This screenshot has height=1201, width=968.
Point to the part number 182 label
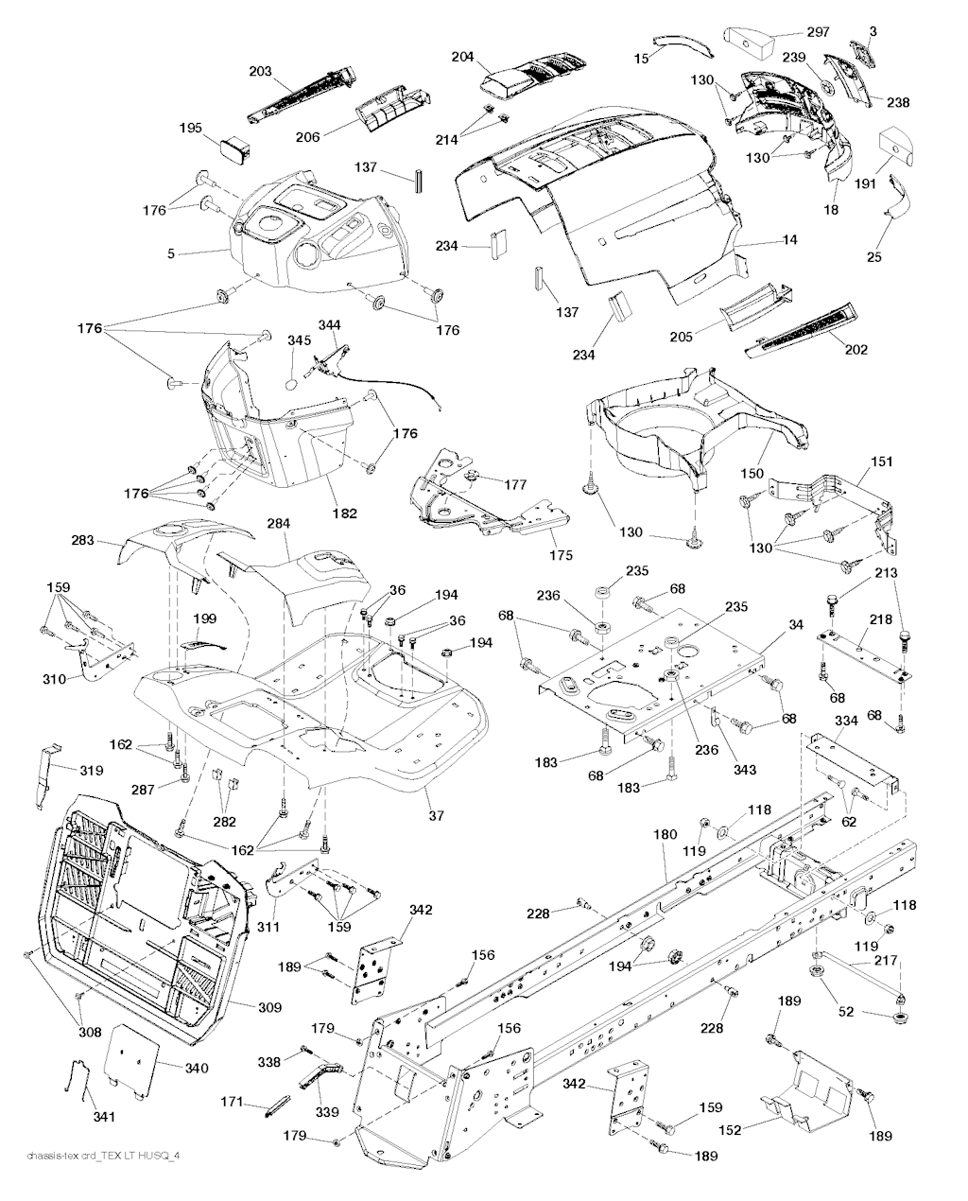[344, 513]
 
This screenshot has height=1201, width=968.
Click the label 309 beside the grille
[269, 1008]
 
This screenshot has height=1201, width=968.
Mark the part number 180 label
[665, 835]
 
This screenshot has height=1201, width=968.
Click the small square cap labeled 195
[235, 148]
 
